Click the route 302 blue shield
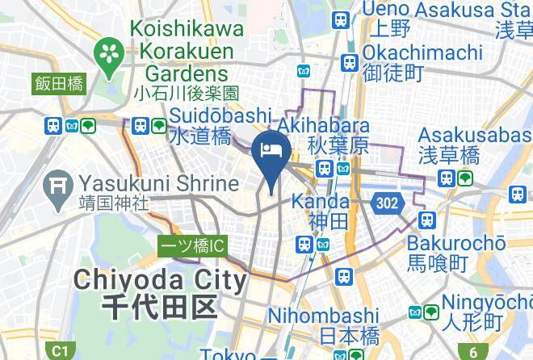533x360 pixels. [388, 203]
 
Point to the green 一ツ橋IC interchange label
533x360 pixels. [191, 246]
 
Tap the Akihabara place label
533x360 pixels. [323, 126]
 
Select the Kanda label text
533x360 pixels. [320, 200]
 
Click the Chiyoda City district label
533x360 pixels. [160, 281]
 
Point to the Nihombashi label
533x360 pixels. [323, 315]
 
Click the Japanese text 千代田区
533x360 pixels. [160, 307]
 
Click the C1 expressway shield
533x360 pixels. [59, 351]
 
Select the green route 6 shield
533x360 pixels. [473, 351]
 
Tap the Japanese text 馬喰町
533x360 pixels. [438, 263]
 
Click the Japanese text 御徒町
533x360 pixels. [393, 73]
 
